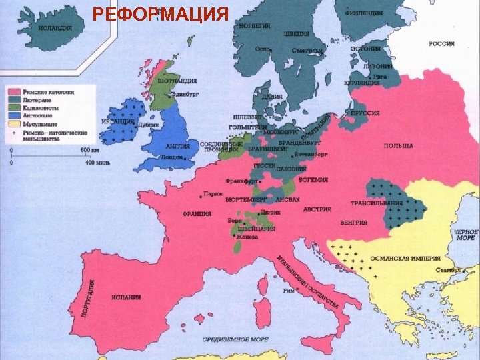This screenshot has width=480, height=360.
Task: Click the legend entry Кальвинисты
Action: click(41, 107)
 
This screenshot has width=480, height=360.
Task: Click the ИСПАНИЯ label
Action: click(125, 298)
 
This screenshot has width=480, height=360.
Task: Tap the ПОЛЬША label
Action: click(398, 146)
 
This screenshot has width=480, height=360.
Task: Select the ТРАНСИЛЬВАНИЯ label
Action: click(376, 203)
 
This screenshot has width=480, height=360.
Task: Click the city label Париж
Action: click(214, 193)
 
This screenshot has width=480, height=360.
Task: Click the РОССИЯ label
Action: click(441, 44)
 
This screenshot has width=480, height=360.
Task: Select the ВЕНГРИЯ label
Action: click(353, 222)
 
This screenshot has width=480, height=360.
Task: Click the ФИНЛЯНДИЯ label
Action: click(363, 13)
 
